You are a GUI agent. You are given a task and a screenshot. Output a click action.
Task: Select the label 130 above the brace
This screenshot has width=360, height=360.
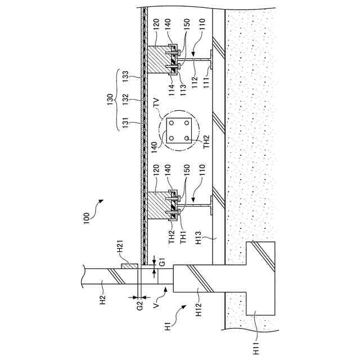tap(110, 101)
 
